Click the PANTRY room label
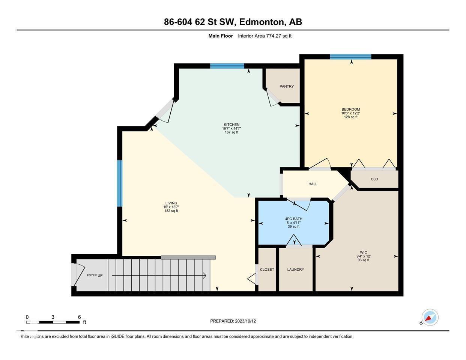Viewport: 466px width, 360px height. pyautogui.click(x=286, y=87)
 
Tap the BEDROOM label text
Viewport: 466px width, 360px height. pyautogui.click(x=350, y=109)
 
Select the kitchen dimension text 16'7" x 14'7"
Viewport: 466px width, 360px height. pyautogui.click(x=231, y=128)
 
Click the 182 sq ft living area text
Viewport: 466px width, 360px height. pyautogui.click(x=171, y=211)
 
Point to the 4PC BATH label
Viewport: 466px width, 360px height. pyautogui.click(x=293, y=219)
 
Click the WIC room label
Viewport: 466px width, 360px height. pyautogui.click(x=363, y=252)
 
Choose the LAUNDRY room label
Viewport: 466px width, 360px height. pyautogui.click(x=295, y=270)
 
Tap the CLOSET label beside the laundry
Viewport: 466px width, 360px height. pyautogui.click(x=267, y=270)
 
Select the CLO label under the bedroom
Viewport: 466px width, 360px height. pyautogui.click(x=374, y=179)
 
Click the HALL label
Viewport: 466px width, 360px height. pyautogui.click(x=313, y=184)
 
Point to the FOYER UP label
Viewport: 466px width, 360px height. pyautogui.click(x=95, y=275)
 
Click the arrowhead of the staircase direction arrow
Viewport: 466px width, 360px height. pyautogui.click(x=204, y=276)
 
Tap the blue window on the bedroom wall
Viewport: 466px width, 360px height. pyautogui.click(x=350, y=57)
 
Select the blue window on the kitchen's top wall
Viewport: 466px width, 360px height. pyautogui.click(x=227, y=66)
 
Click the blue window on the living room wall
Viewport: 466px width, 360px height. pyautogui.click(x=120, y=183)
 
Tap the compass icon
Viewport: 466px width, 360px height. pyautogui.click(x=430, y=317)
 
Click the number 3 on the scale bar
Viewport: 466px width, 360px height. pyautogui.click(x=53, y=317)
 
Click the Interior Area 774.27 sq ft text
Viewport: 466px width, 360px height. pyautogui.click(x=265, y=36)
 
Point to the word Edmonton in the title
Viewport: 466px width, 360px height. pyautogui.click(x=262, y=22)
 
